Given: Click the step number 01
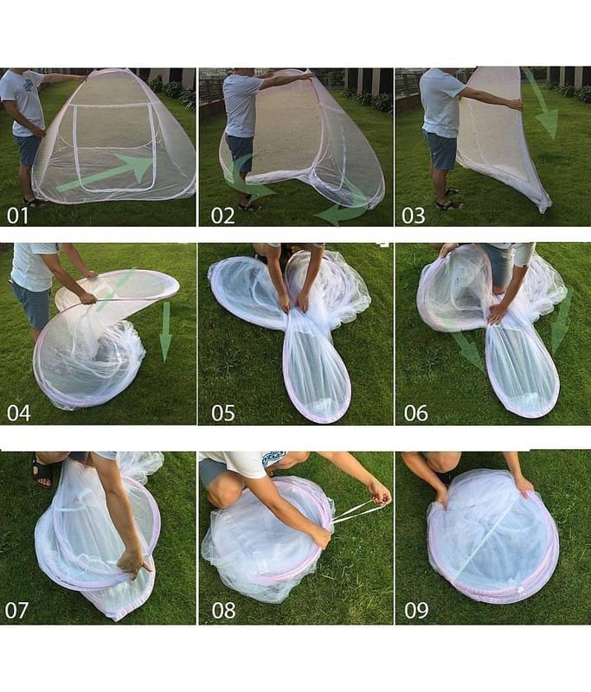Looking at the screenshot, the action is coord(17,215).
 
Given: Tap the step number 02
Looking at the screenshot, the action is coord(222,215).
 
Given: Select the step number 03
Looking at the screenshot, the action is coord(414,215).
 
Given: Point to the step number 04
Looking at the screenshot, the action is coord(18,413).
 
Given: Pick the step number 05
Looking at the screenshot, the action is coord(223,413).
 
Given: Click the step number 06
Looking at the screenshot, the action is coord(415,413).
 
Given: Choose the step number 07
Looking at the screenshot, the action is coord(16,610).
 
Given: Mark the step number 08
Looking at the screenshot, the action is coord(223,610).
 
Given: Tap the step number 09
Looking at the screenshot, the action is coord(416,610).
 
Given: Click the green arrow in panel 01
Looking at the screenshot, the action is coord(106,174).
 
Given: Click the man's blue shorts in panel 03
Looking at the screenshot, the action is coord(441,150).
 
